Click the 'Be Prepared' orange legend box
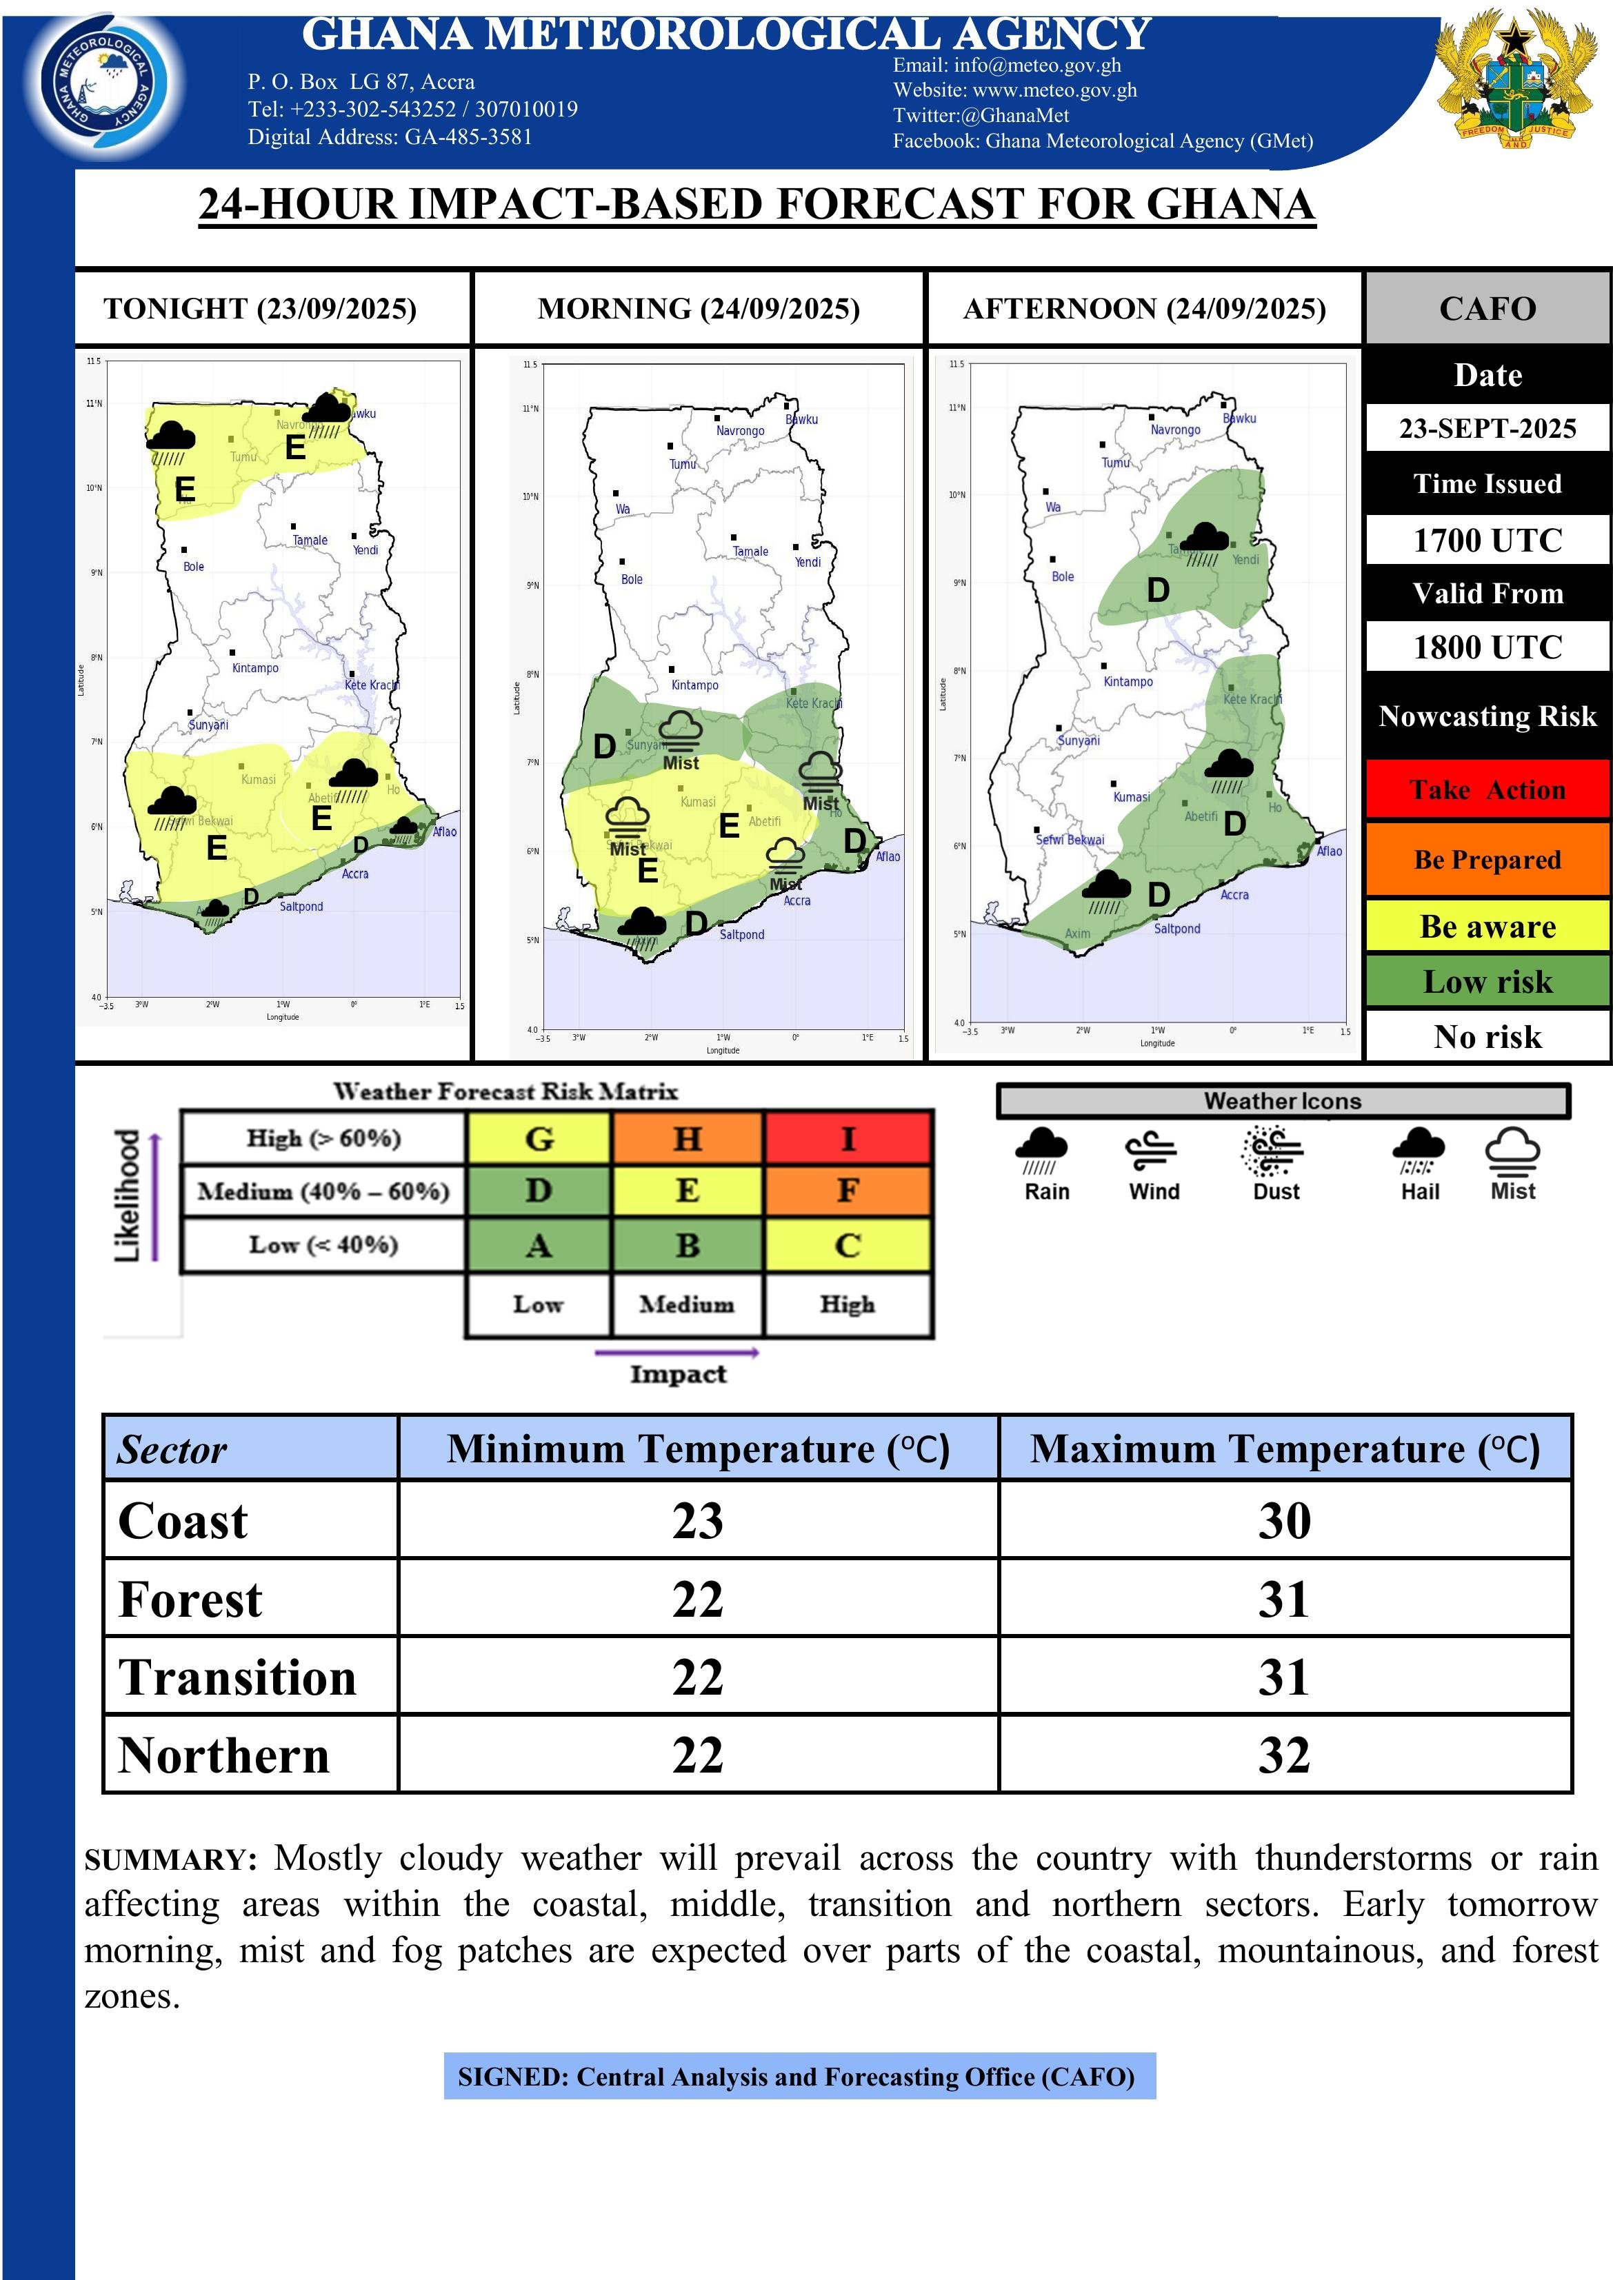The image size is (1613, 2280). pyautogui.click(x=1487, y=859)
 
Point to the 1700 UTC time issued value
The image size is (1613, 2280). pyautogui.click(x=1487, y=541)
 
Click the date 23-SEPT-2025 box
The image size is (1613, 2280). pyautogui.click(x=1487, y=428)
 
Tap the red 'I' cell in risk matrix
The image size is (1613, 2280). pyautogui.click(x=848, y=1138)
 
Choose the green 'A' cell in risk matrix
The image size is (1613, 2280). pyautogui.click(x=537, y=1245)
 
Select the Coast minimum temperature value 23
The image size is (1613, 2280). pyautogui.click(x=697, y=1522)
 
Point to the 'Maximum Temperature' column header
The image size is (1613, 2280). pyautogui.click(x=1284, y=1449)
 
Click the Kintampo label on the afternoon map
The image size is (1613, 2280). pyautogui.click(x=1128, y=683)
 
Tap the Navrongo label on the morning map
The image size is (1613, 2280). pyautogui.click(x=740, y=431)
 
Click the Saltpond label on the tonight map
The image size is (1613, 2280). pyautogui.click(x=301, y=907)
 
